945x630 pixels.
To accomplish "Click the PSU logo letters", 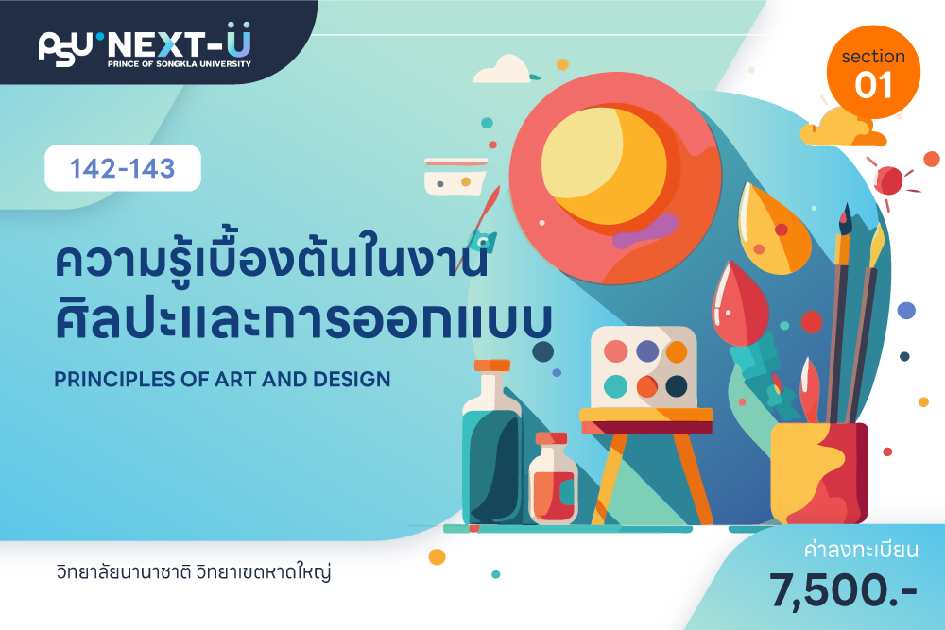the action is pyautogui.click(x=66, y=48).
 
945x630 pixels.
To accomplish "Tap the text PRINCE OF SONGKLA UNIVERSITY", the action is pyautogui.click(x=179, y=64).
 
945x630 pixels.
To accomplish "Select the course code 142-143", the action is pyautogui.click(x=122, y=168).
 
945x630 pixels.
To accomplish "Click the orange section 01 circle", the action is pyautogui.click(x=873, y=72).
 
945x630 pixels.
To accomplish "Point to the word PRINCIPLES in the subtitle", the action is pyautogui.click(x=112, y=380).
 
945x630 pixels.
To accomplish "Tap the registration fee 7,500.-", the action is pyautogui.click(x=843, y=589).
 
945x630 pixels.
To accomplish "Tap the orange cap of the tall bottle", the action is pyautogui.click(x=491, y=365).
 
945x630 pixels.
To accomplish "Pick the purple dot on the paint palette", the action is pyautogui.click(x=647, y=351).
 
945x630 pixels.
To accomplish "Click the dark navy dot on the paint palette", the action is pyautogui.click(x=677, y=386).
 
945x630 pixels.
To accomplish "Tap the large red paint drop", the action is pyautogui.click(x=740, y=304).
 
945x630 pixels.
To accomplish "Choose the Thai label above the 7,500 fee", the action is pyautogui.click(x=861, y=550).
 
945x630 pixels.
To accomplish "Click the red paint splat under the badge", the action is pyautogui.click(x=889, y=180).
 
